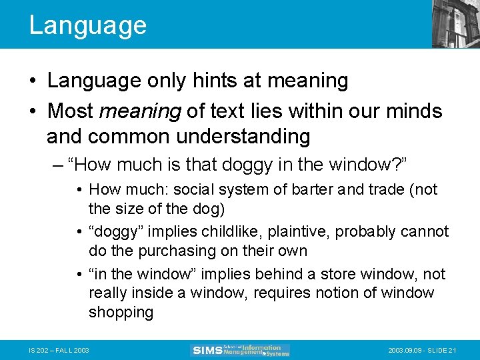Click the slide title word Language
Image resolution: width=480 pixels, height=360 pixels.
coord(87,25)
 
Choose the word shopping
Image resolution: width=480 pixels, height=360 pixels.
coord(121,312)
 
